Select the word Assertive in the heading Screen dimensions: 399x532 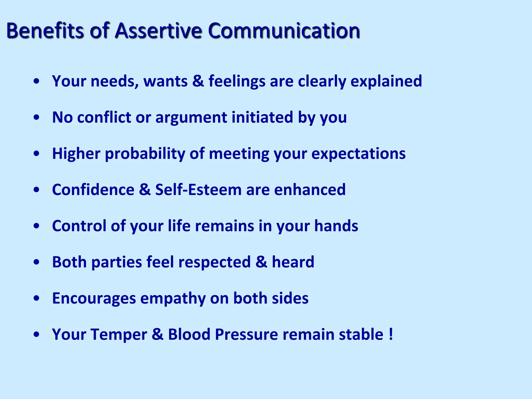click(158, 30)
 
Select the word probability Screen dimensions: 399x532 click(145, 154)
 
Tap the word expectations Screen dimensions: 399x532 click(358, 154)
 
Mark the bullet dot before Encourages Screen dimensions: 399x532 click(37, 298)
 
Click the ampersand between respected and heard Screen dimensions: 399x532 click(261, 262)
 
